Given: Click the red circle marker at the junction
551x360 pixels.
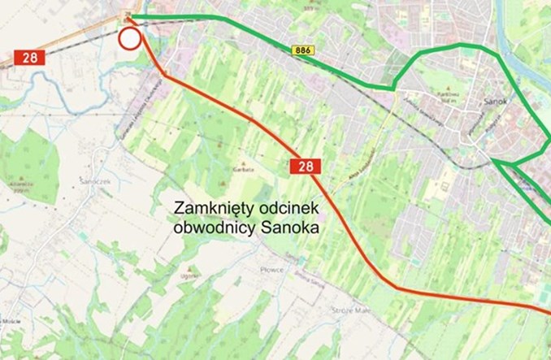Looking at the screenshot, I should [x=129, y=38].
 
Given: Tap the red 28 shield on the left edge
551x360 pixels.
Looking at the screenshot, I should [x=28, y=58].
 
